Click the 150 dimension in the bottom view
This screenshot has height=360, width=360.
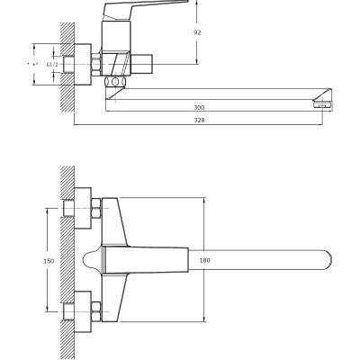point(49,260)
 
